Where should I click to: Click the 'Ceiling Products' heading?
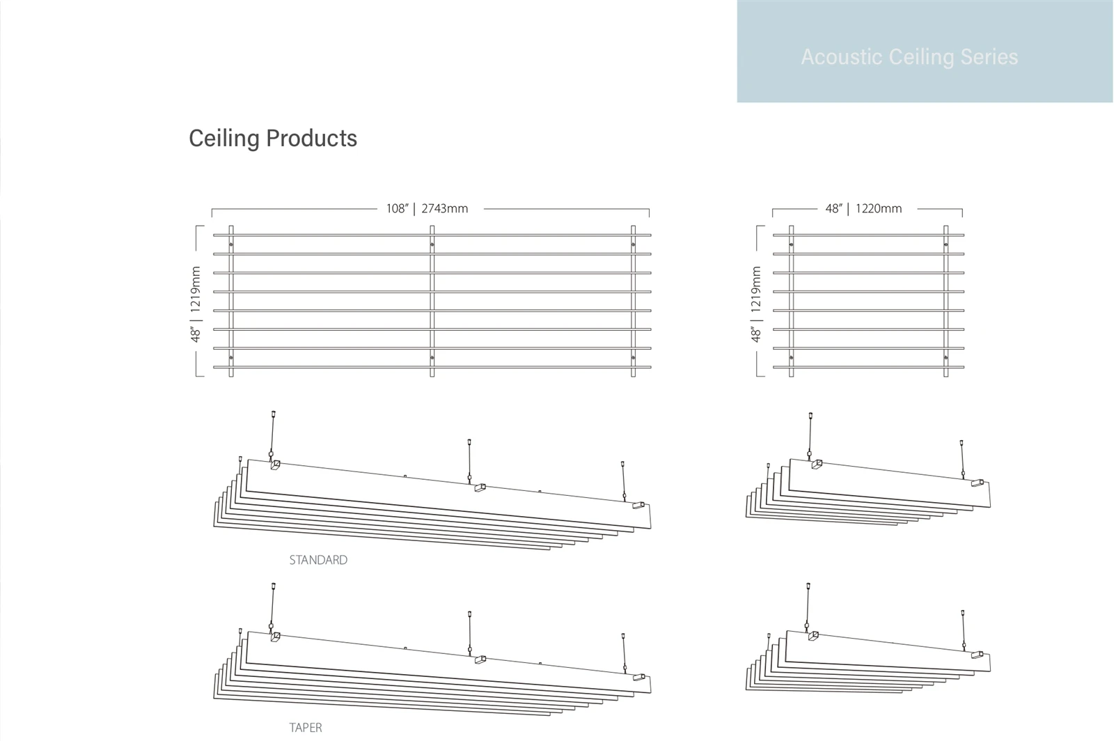272,139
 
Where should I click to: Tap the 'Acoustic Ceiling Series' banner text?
909,56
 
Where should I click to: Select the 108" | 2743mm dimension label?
427,208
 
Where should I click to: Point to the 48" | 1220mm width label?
863,208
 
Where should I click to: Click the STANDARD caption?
318,560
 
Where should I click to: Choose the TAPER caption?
306,728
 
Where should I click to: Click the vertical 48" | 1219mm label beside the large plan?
196,304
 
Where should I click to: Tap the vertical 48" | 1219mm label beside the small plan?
756,304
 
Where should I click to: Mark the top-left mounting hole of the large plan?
230,244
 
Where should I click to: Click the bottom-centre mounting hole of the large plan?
432,357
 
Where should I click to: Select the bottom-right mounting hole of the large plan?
633,357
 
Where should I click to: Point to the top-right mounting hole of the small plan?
946,244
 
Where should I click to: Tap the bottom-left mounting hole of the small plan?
791,357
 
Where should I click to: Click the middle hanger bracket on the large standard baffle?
480,488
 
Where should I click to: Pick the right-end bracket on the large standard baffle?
638,506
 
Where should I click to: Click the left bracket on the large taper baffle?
275,637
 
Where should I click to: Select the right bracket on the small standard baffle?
978,483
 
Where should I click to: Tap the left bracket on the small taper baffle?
813,636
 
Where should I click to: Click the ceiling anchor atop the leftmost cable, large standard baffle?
273,414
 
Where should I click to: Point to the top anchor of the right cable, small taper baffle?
963,613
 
